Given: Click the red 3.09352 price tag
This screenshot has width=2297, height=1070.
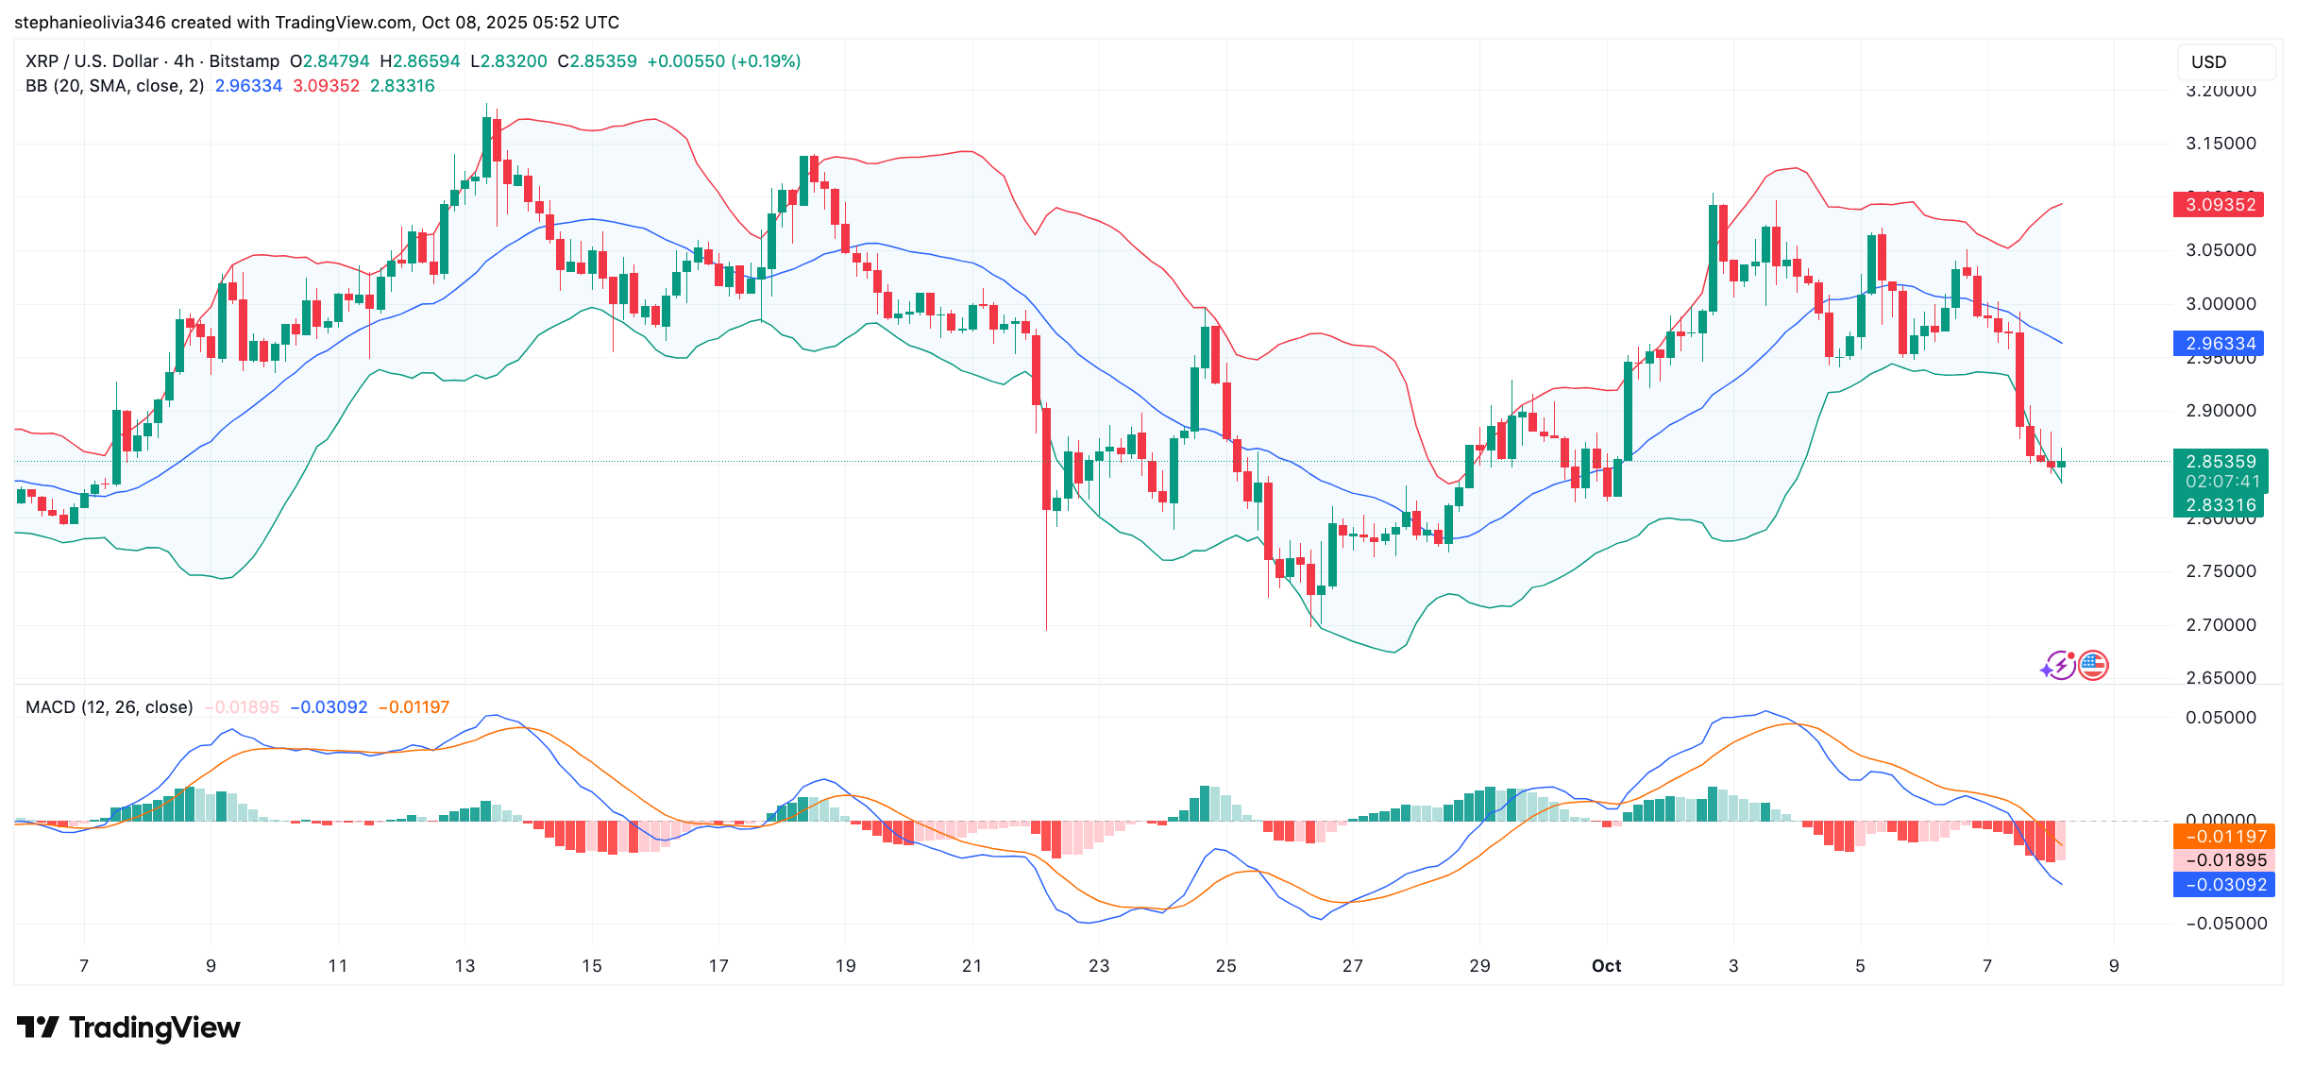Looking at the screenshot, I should [2218, 204].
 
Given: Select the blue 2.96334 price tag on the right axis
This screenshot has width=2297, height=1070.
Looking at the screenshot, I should [2218, 344].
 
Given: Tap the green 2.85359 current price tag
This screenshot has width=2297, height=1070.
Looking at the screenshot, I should [2218, 462].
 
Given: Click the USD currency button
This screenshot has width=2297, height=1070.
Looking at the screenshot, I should [2208, 62].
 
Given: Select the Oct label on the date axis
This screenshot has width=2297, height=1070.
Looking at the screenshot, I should [1606, 966].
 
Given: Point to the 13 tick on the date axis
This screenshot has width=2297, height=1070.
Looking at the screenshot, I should [464, 966].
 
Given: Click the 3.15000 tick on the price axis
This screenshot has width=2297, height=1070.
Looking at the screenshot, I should [2221, 144].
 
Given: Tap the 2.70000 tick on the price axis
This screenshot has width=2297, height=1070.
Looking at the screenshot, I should [2221, 625].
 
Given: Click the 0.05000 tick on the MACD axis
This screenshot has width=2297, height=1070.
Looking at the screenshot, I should [2221, 718].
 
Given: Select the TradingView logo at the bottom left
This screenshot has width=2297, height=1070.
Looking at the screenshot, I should [129, 1028].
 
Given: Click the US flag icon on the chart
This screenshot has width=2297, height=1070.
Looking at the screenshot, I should [2093, 666].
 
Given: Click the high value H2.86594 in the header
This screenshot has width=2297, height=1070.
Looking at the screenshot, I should [419, 61].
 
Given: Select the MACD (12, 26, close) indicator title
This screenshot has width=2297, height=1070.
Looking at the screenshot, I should [109, 707].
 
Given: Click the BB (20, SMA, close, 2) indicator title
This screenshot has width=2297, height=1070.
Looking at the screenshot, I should [114, 86].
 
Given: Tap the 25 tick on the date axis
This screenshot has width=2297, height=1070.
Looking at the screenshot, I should [1225, 966].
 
